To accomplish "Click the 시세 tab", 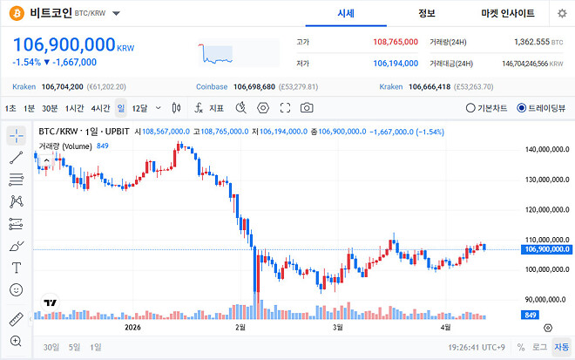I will (x=345, y=13).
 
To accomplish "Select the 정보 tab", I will (x=426, y=13).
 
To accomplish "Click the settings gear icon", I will (x=562, y=14).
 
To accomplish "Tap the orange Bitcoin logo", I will (x=16, y=14).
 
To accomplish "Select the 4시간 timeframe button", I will (x=100, y=108).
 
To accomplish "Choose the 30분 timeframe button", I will (x=50, y=108).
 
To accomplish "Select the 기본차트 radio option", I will (x=488, y=108).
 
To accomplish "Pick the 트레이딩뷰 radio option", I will (x=541, y=108).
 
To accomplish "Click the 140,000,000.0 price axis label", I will (x=546, y=150).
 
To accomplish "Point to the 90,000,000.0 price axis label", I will (x=547, y=298).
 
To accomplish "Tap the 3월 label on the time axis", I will (x=337, y=329).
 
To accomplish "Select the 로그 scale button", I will (x=540, y=347).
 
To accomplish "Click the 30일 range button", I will (x=51, y=347).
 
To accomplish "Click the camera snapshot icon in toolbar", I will (x=307, y=108).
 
